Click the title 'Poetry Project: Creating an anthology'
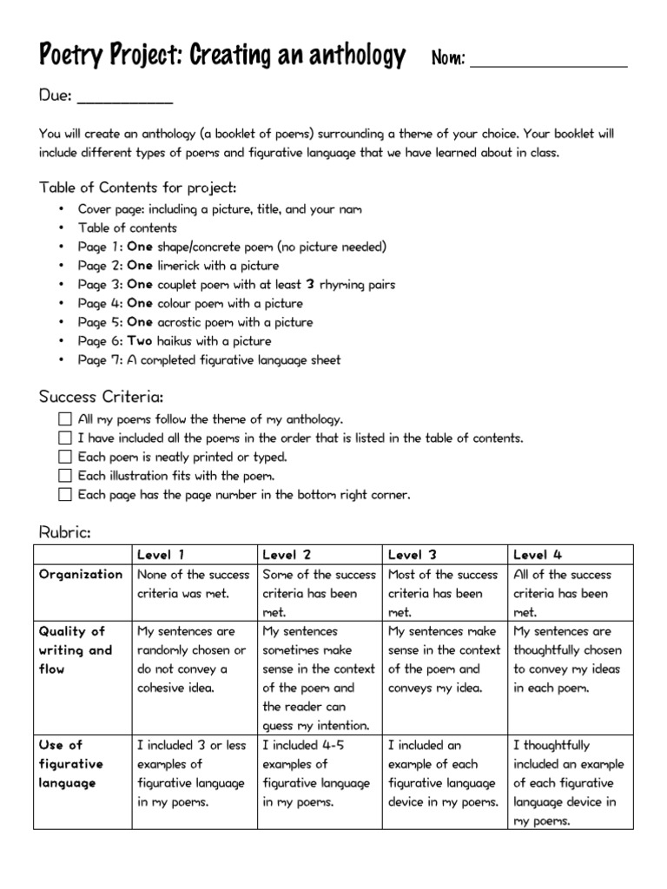click(x=222, y=56)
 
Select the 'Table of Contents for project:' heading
click(x=137, y=188)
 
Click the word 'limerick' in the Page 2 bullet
click(x=180, y=266)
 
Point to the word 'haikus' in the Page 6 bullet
click(x=176, y=341)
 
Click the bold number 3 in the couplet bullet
click(x=310, y=285)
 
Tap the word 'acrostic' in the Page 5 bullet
click(x=182, y=322)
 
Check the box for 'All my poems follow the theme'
click(x=65, y=419)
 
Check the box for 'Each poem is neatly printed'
click(x=65, y=458)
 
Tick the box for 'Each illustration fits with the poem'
click(x=65, y=477)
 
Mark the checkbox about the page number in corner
click(x=65, y=496)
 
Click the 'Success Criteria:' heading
click(x=101, y=397)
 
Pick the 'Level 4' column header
click(x=538, y=555)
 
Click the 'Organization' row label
click(x=81, y=575)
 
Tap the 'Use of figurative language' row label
click(x=71, y=764)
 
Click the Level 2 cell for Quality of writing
click(x=319, y=678)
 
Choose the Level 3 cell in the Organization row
click(x=444, y=593)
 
